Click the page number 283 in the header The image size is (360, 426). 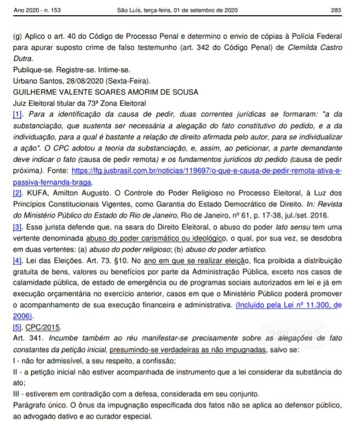[x=335, y=10]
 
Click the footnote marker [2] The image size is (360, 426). [x=19, y=194]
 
